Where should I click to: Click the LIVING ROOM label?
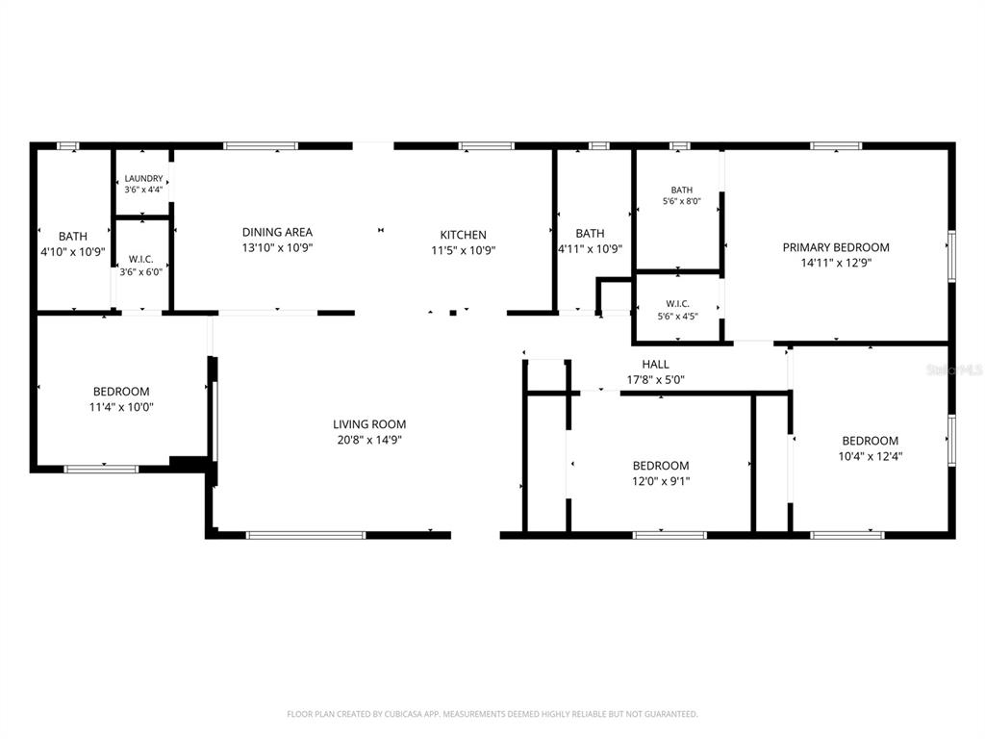(369, 424)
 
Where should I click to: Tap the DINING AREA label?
(277, 232)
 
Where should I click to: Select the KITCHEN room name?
(463, 235)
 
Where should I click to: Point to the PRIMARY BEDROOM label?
(836, 247)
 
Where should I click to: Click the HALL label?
(655, 364)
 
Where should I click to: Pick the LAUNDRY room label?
(143, 178)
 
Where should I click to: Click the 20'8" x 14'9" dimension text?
(369, 440)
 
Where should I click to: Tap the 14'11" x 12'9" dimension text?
(836, 263)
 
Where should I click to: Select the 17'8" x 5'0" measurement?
(655, 379)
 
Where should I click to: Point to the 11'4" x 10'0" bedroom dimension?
(121, 407)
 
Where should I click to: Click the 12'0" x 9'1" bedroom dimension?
(661, 481)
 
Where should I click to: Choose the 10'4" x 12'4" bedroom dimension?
(870, 456)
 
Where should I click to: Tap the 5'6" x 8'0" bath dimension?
(682, 201)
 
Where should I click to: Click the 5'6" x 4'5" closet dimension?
(677, 316)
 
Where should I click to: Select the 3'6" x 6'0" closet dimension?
(140, 272)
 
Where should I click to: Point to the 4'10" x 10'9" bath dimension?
(73, 252)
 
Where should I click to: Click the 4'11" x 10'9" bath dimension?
(590, 249)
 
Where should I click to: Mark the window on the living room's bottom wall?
(305, 535)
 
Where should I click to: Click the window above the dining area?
(260, 146)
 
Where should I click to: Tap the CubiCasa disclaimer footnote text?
(492, 714)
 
